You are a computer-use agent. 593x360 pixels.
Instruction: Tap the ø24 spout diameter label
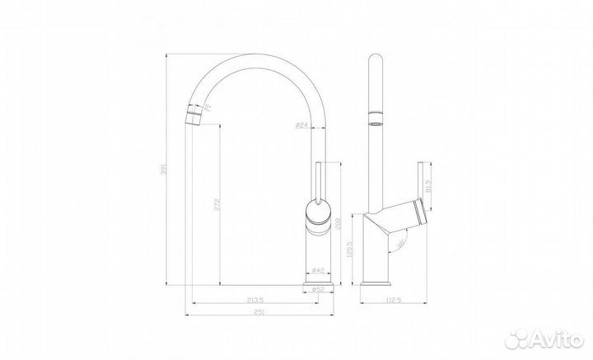[301, 124]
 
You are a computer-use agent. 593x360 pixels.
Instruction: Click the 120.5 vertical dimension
[353, 250]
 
